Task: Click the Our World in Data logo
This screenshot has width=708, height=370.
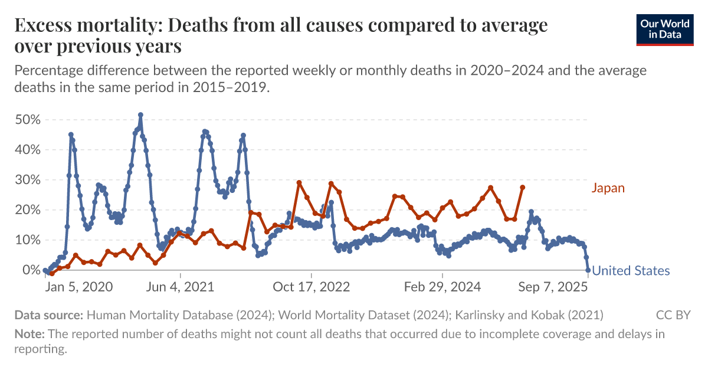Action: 664,29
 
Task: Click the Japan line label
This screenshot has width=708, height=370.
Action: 608,188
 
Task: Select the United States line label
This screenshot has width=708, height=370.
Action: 631,271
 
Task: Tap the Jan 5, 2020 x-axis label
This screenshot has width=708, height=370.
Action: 79,287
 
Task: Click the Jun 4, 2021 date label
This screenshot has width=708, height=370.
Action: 181,287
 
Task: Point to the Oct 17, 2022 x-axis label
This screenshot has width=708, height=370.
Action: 312,287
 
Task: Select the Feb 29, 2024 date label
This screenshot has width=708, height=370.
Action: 442,287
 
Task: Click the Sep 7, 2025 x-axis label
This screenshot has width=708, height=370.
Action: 553,287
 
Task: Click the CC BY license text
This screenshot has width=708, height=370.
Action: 673,315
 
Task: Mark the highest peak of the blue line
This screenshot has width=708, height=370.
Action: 140,115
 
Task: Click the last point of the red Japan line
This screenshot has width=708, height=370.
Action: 522,188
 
